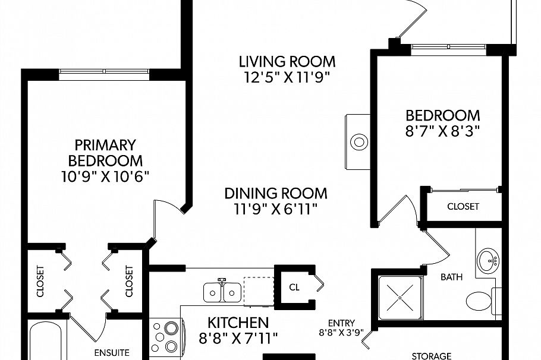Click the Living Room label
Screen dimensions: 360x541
[287, 61]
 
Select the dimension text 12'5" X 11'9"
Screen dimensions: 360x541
[287, 77]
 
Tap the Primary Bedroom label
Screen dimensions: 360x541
[105, 153]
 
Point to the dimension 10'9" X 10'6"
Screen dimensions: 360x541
[105, 176]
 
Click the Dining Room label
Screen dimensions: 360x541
[275, 193]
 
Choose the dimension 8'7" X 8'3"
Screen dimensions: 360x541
[442, 131]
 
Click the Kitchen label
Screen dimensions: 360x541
[238, 323]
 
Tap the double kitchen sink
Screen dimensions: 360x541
[222, 292]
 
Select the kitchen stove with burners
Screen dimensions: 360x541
[166, 336]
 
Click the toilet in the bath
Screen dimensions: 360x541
[480, 300]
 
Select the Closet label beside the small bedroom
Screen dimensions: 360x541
[463, 207]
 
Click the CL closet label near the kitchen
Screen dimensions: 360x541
[294, 286]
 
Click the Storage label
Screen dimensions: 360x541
[432, 355]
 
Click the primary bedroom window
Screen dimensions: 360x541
[105, 73]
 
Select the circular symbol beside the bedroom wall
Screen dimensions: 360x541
[359, 142]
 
